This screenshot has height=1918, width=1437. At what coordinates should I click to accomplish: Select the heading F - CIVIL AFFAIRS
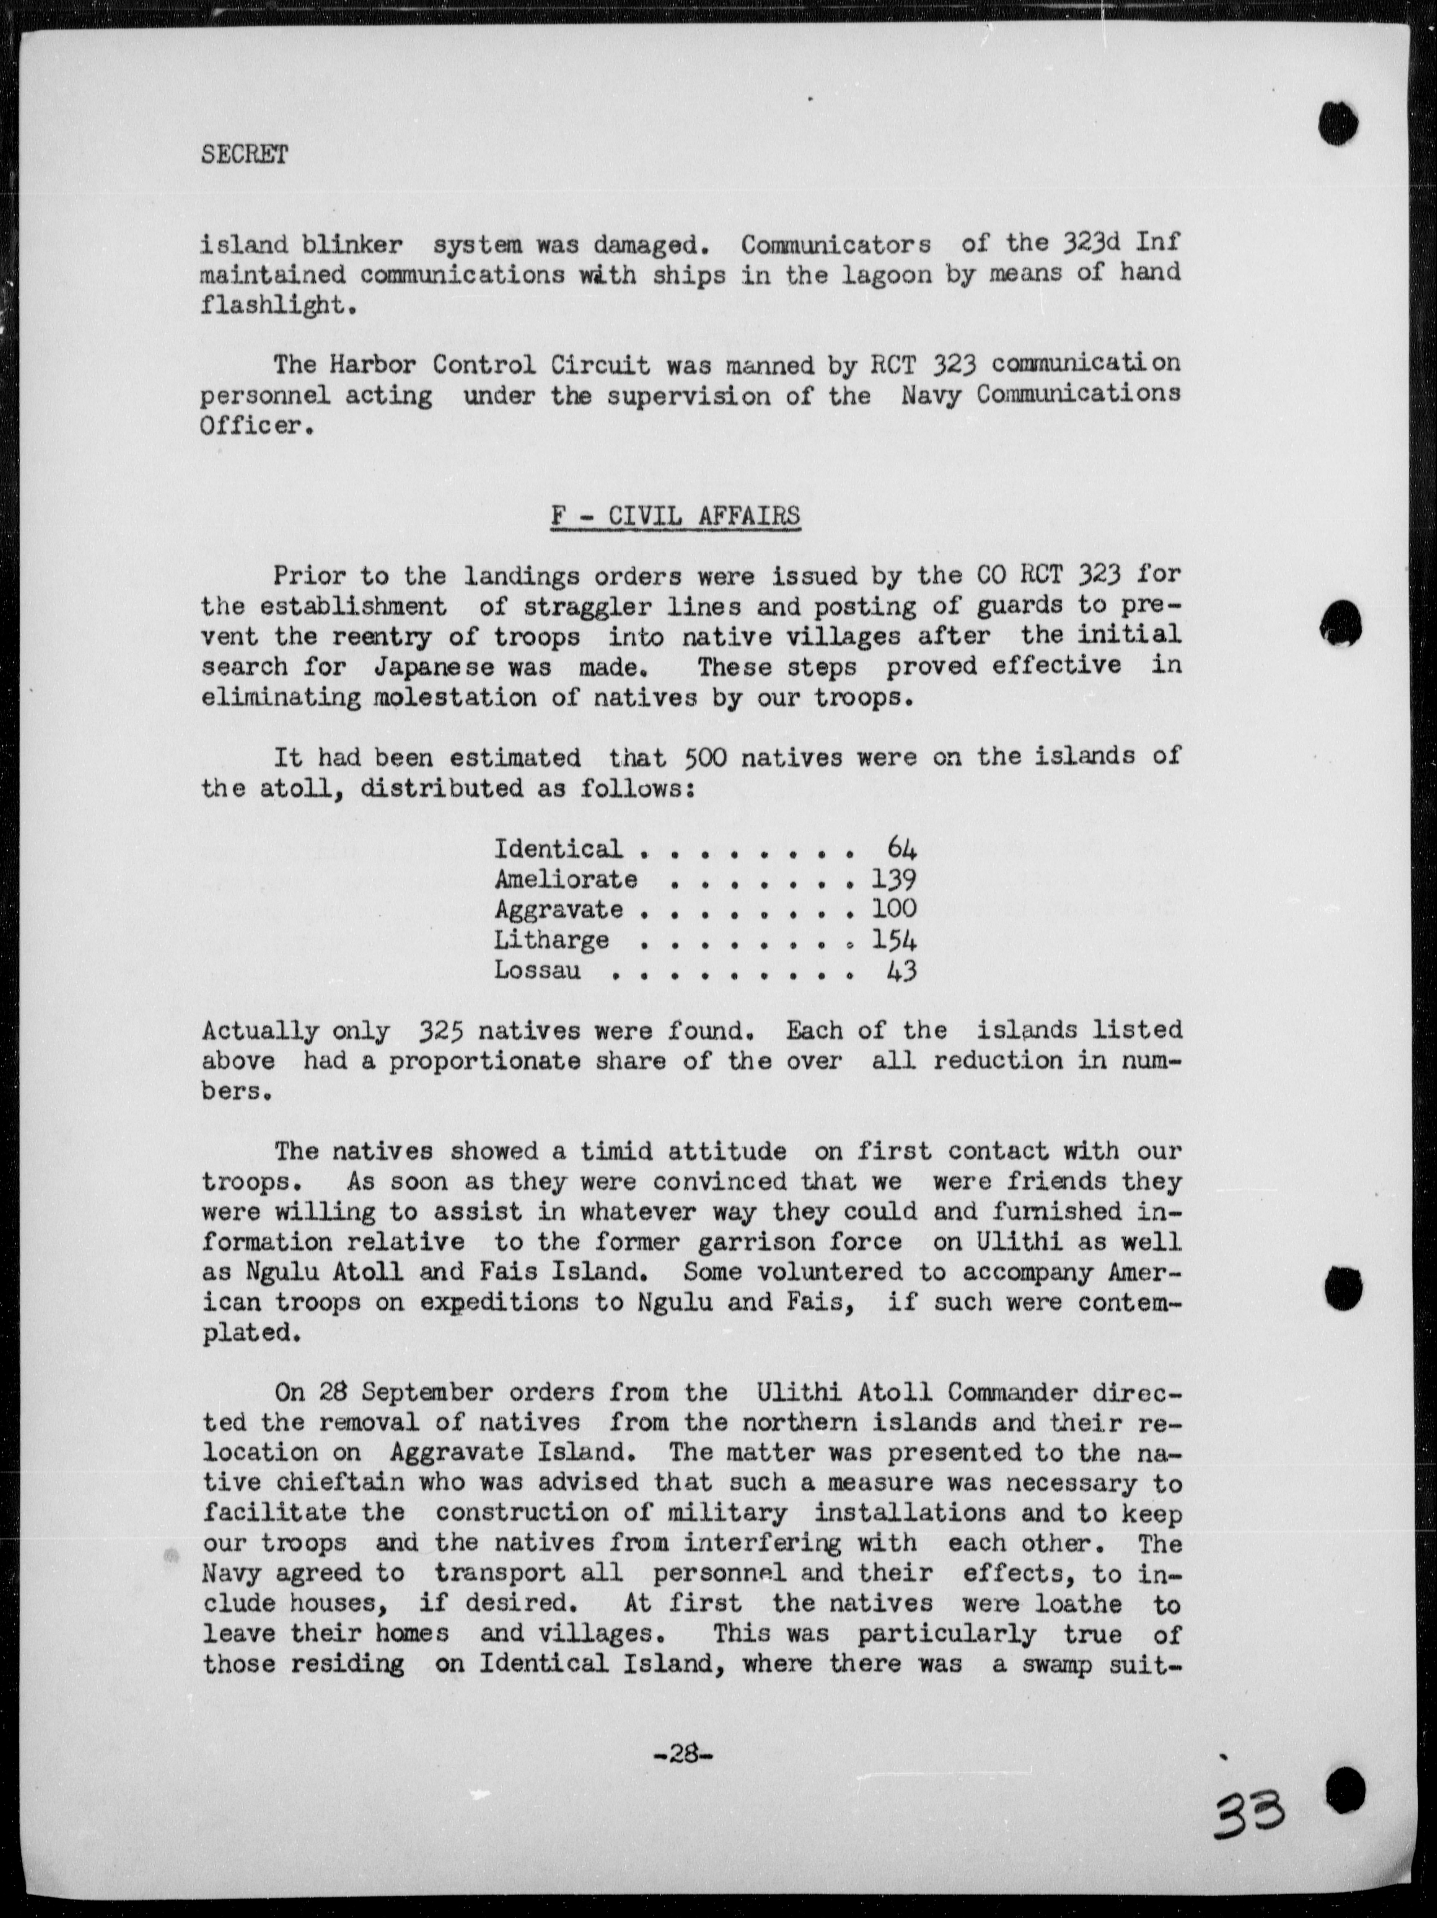pos(676,516)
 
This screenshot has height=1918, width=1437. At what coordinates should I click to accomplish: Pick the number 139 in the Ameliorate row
pos(893,879)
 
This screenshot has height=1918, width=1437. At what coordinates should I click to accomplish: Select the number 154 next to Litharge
pos(893,940)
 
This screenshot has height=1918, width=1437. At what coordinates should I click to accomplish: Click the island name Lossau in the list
pos(538,970)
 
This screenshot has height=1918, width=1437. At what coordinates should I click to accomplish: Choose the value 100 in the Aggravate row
pos(893,909)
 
